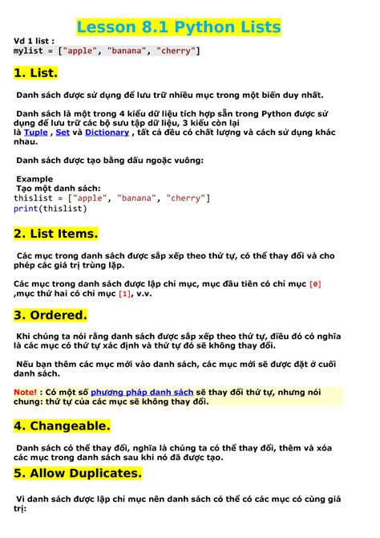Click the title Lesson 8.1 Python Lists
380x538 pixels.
point(179,28)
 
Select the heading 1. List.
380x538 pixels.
point(36,73)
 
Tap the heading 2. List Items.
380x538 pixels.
point(55,234)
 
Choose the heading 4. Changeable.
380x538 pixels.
point(62,425)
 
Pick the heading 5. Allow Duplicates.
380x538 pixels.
point(78,473)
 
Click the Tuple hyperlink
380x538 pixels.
point(36,132)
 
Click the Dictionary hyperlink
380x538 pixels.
point(107,132)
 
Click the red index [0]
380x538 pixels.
point(314,283)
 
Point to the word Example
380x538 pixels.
point(34,178)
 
